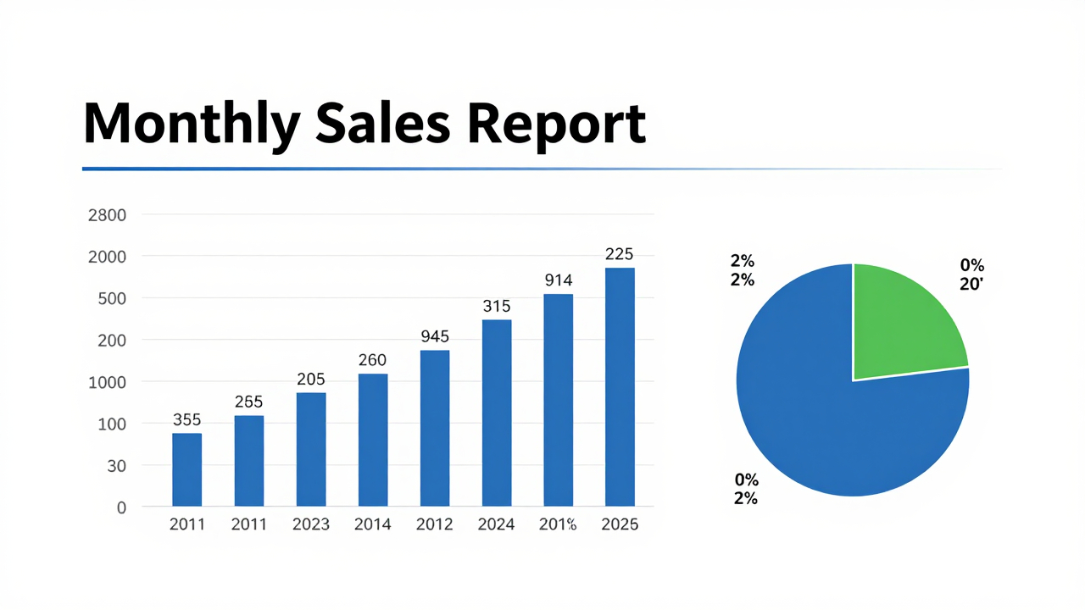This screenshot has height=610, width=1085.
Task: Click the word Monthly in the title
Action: (x=192, y=125)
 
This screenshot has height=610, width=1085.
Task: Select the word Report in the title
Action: (x=556, y=125)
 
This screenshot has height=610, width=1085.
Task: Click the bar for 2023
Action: (x=311, y=450)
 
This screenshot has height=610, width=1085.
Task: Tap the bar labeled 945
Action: (x=435, y=429)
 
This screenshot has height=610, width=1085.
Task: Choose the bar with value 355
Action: (x=187, y=470)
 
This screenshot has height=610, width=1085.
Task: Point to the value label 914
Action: (x=559, y=280)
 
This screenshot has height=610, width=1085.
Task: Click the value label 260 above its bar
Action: (x=373, y=360)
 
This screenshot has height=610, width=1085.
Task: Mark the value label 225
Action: (x=620, y=254)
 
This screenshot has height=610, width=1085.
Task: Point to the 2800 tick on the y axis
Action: (x=107, y=215)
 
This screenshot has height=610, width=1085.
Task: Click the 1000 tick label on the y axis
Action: (x=107, y=382)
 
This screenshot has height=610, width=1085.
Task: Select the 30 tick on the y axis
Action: (x=115, y=466)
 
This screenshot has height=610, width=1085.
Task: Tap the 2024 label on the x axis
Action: (x=496, y=525)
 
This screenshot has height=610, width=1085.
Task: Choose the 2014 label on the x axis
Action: (x=373, y=525)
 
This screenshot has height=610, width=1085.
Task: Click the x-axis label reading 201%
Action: (x=558, y=525)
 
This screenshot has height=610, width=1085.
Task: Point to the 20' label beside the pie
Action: (x=971, y=286)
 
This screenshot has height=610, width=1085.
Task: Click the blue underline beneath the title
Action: (x=424, y=169)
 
